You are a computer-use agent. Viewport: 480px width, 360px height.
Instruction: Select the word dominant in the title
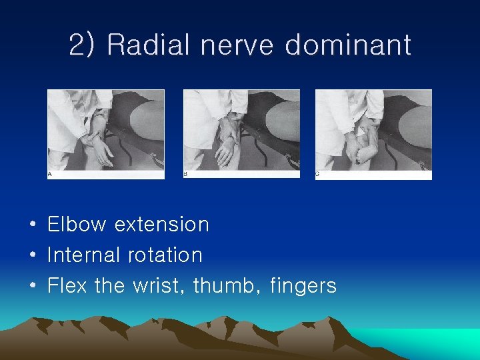coord(348,45)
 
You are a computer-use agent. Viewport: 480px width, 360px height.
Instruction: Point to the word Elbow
coord(77,225)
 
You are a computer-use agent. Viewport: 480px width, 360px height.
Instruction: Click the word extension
coord(162,225)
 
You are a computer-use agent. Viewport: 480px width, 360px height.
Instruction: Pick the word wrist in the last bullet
coord(158,286)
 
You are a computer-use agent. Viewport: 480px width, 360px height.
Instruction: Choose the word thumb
coord(225,286)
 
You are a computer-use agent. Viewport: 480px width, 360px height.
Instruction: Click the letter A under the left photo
coord(49,175)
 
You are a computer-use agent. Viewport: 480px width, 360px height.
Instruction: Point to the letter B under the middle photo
coord(185,175)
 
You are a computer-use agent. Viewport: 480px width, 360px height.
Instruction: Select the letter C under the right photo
coord(318,175)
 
